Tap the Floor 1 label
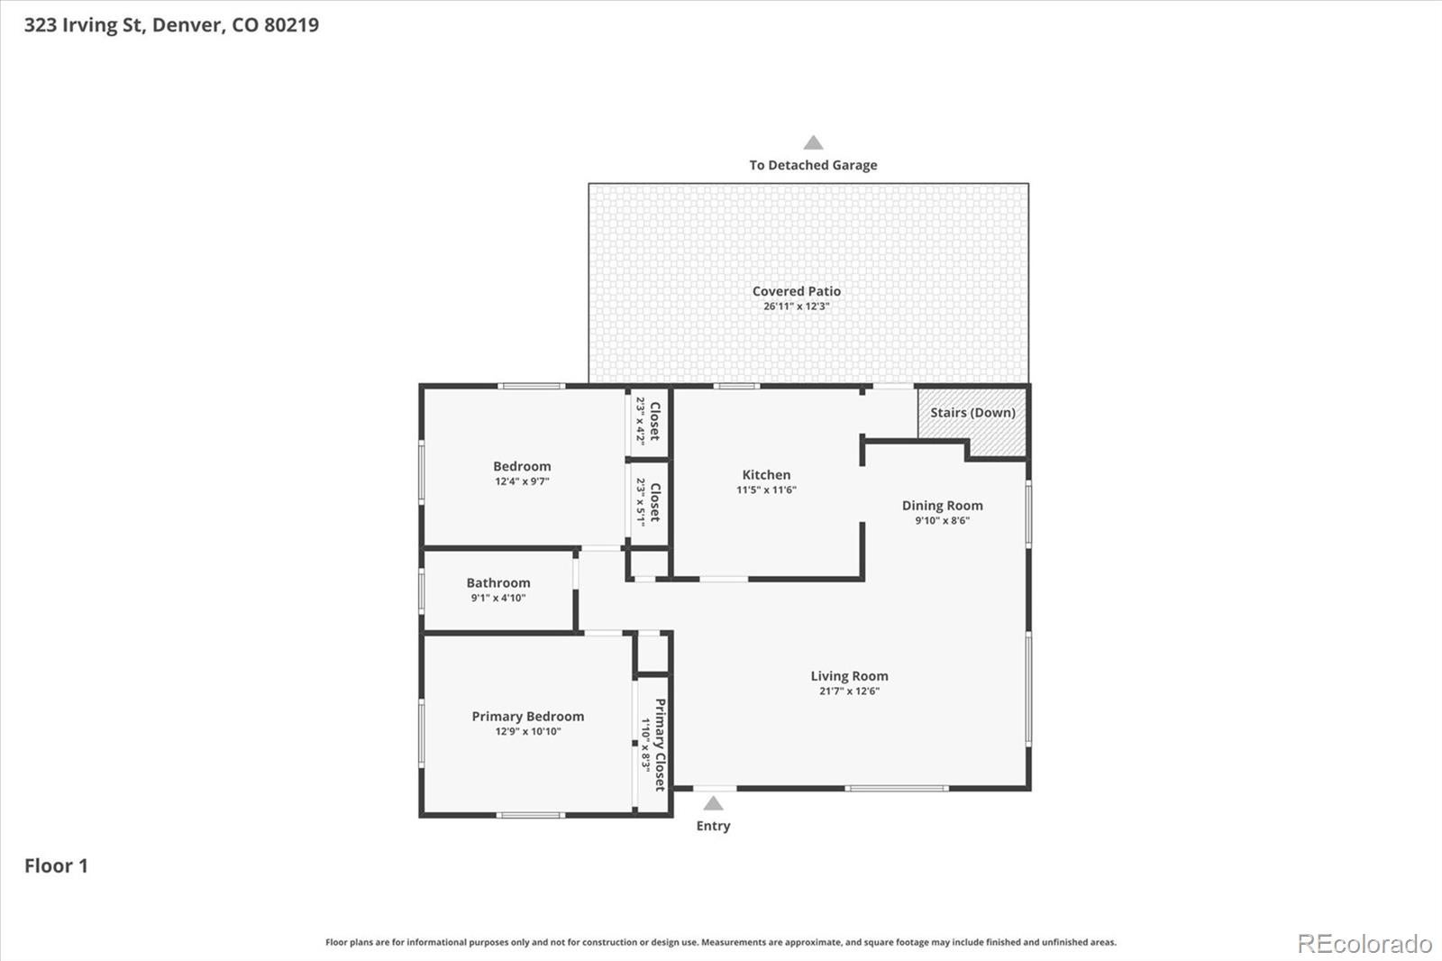click(x=56, y=865)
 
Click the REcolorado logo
click(x=1364, y=944)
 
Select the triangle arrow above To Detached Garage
click(x=813, y=142)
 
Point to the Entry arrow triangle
click(x=713, y=803)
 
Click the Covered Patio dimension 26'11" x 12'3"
click(x=797, y=306)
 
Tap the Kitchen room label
click(x=766, y=475)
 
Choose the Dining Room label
click(x=943, y=507)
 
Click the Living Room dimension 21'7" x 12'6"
click(x=849, y=691)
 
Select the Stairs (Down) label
click(x=972, y=412)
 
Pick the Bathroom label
click(x=498, y=583)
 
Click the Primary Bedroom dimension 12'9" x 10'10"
click(x=528, y=731)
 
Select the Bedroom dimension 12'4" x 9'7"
click(x=522, y=481)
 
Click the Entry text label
click(x=713, y=826)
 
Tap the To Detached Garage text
click(x=813, y=165)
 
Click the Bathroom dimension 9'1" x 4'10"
click(x=498, y=598)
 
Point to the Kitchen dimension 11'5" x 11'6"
click(x=766, y=490)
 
